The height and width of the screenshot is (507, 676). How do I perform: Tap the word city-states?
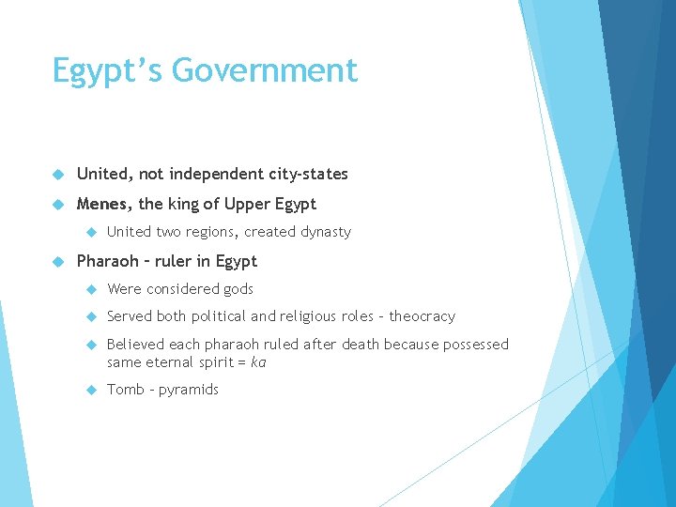pos(308,174)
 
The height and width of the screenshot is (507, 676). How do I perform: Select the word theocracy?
pos(422,316)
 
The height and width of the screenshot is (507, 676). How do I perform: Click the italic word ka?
pos(258,361)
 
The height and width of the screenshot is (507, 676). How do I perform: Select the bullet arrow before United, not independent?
pos(57,174)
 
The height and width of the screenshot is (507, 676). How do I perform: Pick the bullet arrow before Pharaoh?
pos(57,261)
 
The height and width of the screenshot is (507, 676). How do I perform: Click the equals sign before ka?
pos(242,361)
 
